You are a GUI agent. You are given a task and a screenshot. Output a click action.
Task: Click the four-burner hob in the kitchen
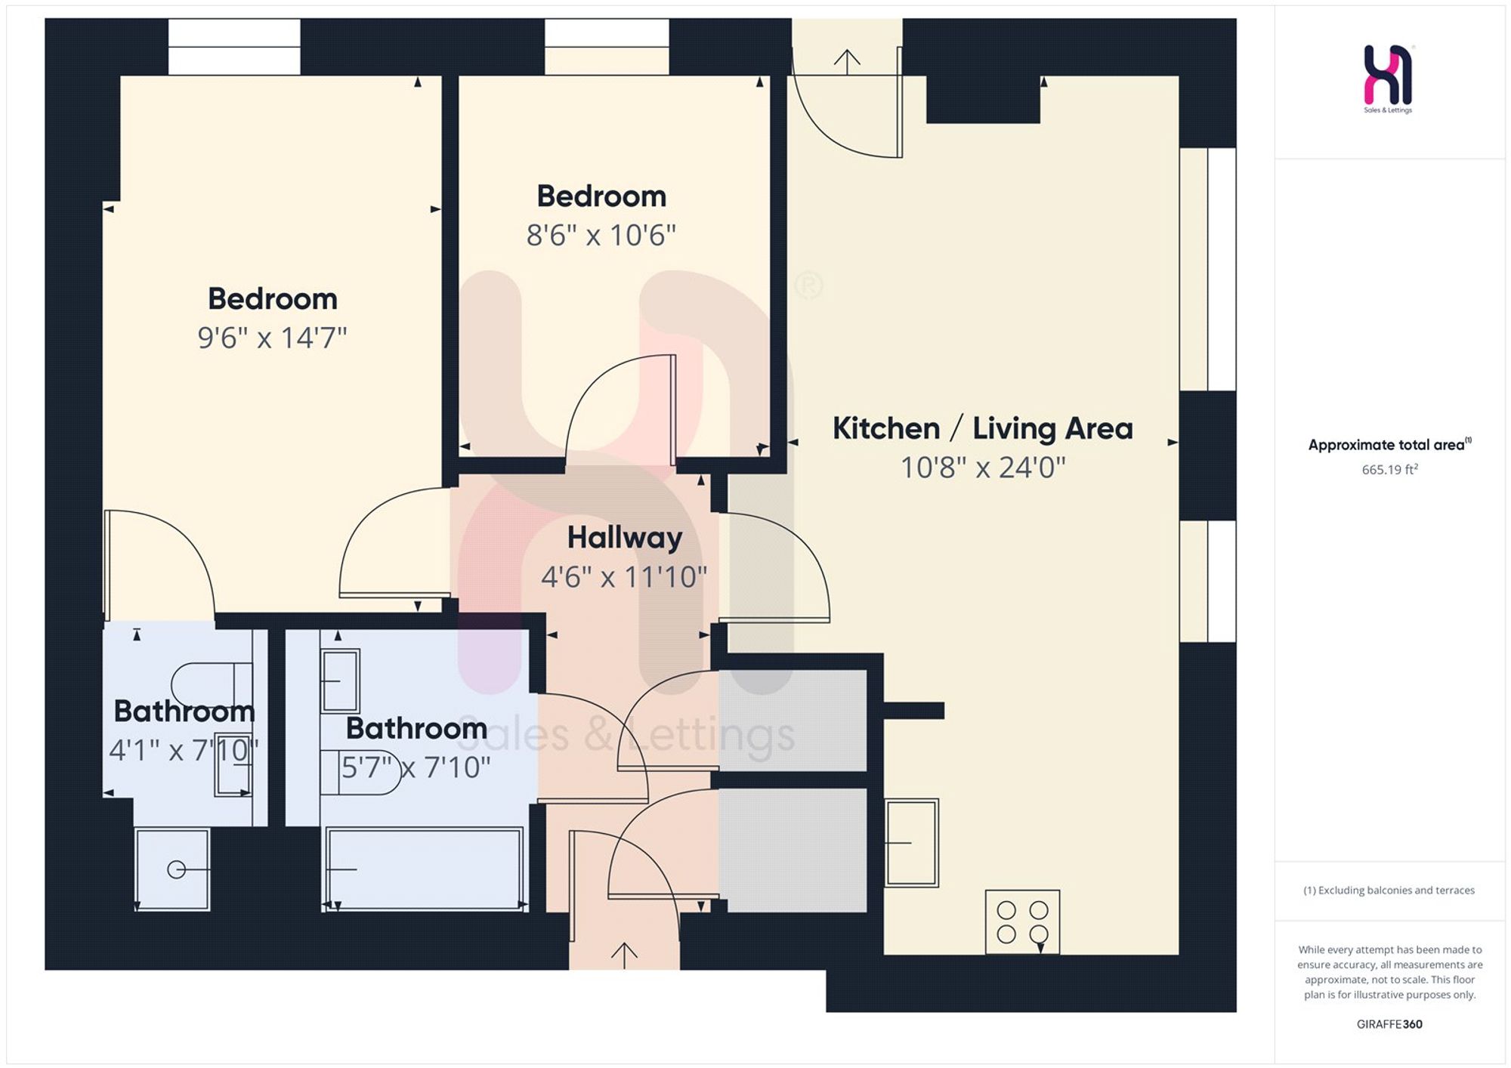pyautogui.click(x=1022, y=921)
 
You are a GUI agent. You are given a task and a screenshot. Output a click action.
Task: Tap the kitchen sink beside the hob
pyautogui.click(x=912, y=842)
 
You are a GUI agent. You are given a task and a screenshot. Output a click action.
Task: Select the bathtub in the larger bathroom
pyautogui.click(x=424, y=869)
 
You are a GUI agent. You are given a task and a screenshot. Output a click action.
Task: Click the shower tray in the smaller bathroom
pyautogui.click(x=172, y=869)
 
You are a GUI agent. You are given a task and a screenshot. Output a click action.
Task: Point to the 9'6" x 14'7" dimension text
pyautogui.click(x=272, y=338)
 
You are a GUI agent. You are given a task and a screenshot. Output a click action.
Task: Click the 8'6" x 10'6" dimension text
pyautogui.click(x=601, y=236)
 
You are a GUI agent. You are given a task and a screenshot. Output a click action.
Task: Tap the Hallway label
pyautogui.click(x=625, y=538)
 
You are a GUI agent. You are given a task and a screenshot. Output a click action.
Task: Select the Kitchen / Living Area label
pyautogui.click(x=983, y=428)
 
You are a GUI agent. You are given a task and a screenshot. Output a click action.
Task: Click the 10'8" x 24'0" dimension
pyautogui.click(x=983, y=468)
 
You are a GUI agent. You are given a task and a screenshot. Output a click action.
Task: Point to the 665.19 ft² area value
pyautogui.click(x=1389, y=469)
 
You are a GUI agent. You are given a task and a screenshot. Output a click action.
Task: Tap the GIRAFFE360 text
pyautogui.click(x=1389, y=1024)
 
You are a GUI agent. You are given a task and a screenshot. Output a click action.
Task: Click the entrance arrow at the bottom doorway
pyautogui.click(x=624, y=955)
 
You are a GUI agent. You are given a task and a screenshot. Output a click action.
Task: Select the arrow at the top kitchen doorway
pyautogui.click(x=847, y=62)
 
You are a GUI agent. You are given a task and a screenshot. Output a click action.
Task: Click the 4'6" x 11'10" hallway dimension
pyautogui.click(x=624, y=577)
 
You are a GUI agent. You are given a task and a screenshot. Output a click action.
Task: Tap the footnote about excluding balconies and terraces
pyautogui.click(x=1389, y=891)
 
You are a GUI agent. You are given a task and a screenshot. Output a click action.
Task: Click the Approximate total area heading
pyautogui.click(x=1389, y=445)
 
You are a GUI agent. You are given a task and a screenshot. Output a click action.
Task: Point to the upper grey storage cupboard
pyautogui.click(x=793, y=721)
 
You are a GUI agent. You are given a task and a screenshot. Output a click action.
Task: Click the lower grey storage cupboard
pyautogui.click(x=793, y=850)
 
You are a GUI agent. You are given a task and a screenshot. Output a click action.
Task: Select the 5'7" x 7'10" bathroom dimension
pyautogui.click(x=416, y=767)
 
